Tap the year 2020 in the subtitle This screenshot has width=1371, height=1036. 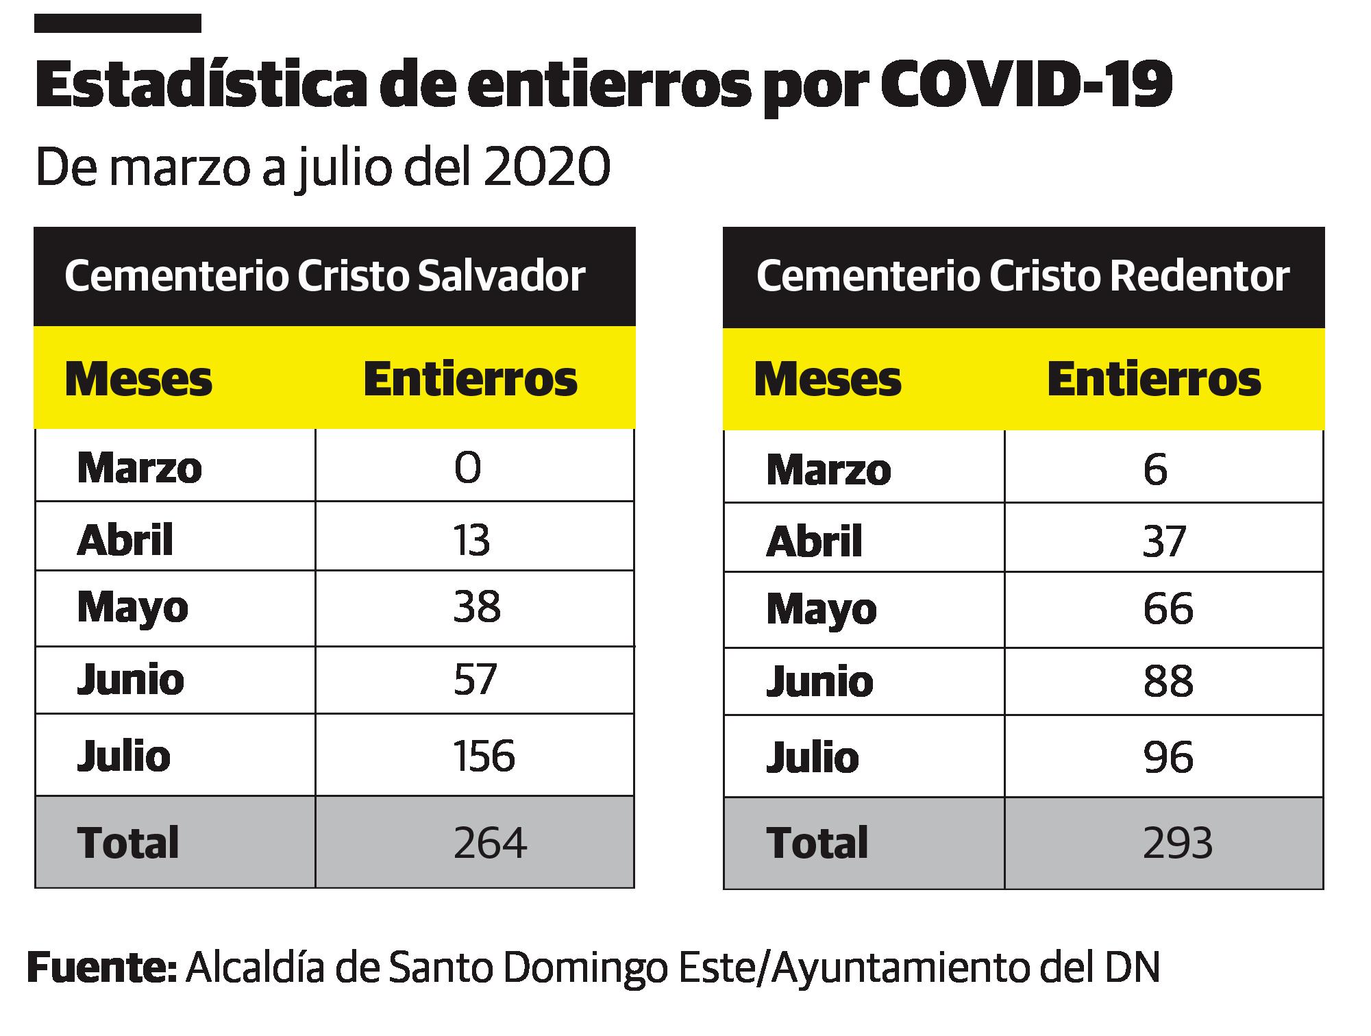[x=547, y=168]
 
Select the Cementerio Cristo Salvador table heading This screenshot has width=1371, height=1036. [x=325, y=276]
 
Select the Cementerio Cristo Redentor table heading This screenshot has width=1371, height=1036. [x=1022, y=276]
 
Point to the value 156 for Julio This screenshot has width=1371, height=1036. [x=484, y=756]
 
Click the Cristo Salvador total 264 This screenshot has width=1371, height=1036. [x=490, y=843]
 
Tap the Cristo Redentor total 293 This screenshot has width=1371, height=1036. [x=1178, y=843]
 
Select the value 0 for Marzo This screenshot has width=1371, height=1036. [x=467, y=468]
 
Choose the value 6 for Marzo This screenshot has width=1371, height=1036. [x=1155, y=471]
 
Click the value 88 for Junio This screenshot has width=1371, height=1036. [x=1168, y=681]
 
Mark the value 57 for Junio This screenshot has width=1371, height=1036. [x=474, y=680]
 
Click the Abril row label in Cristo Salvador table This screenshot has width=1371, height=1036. [x=125, y=540]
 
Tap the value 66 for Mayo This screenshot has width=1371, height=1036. [x=1168, y=608]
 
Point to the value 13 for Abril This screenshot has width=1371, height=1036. [x=471, y=540]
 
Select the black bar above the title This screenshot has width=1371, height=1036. [x=117, y=23]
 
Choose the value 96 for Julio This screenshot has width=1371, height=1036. [x=1168, y=757]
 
